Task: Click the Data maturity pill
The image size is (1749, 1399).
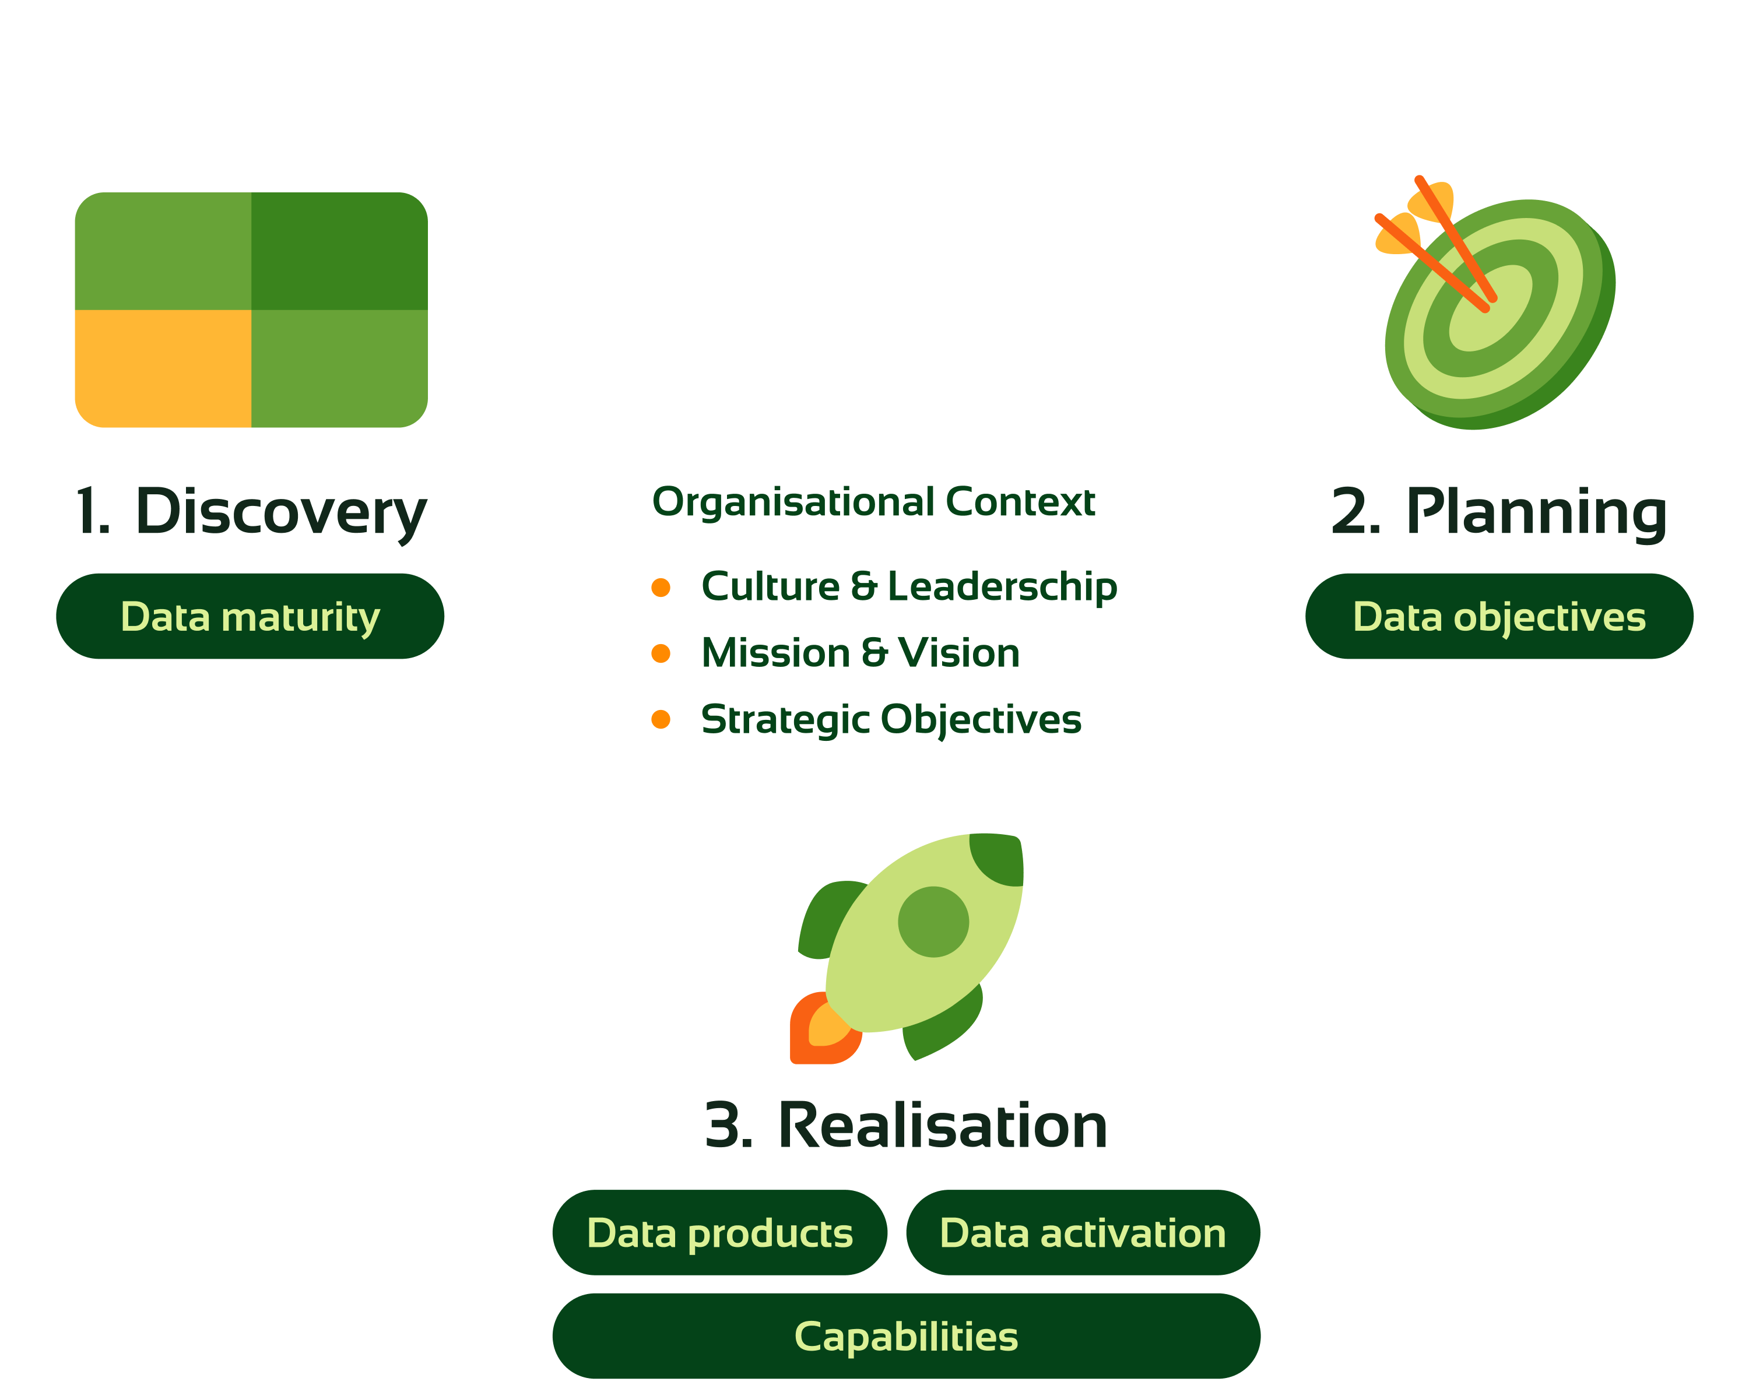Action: (250, 616)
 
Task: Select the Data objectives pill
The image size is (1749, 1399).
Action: (1499, 616)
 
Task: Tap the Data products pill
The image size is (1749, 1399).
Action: (719, 1233)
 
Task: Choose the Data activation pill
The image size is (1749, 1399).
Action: (1082, 1233)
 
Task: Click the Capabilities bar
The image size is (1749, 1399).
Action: (906, 1335)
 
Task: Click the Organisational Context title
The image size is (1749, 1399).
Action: (874, 501)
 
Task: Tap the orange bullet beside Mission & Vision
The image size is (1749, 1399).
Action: (661, 653)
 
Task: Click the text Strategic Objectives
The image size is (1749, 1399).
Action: (891, 719)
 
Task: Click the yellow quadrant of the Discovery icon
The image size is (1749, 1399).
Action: (162, 369)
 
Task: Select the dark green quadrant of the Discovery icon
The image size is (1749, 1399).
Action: (339, 251)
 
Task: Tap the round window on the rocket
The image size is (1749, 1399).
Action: (933, 922)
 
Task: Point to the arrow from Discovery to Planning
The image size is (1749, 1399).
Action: (876, 89)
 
